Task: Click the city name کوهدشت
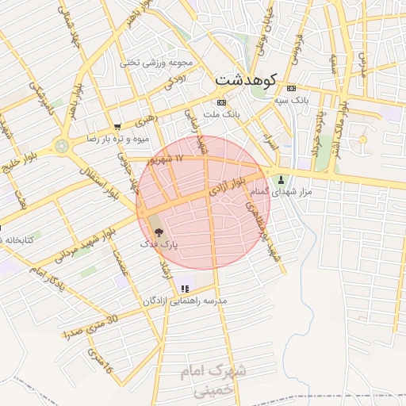(244, 79)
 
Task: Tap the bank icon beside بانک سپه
(291, 88)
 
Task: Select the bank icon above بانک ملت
(220, 103)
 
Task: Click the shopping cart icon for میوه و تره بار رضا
(117, 126)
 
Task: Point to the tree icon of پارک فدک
(159, 233)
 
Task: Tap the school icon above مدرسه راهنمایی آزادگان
(185, 289)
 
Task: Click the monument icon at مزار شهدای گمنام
(280, 178)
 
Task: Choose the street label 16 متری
(101, 361)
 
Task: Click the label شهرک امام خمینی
(218, 379)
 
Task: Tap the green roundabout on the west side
(62, 146)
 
